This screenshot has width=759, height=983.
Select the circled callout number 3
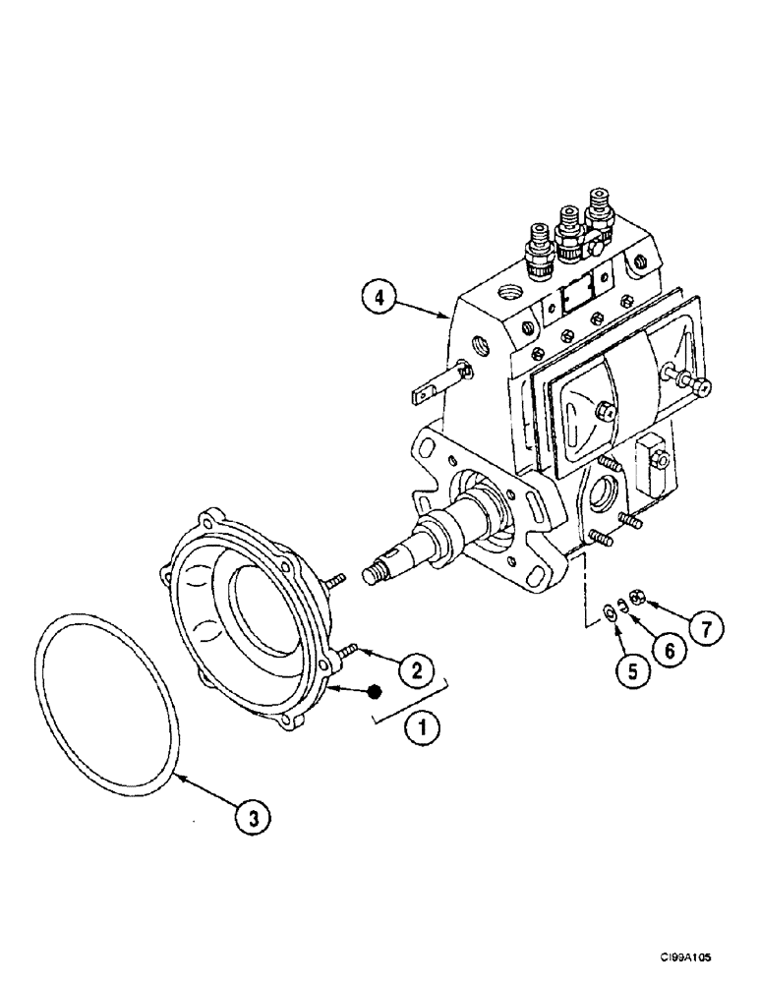pos(254,816)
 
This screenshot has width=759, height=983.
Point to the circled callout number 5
pos(633,671)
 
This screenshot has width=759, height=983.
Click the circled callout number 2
pos(416,671)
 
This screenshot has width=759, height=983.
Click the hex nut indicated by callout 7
pos(638,595)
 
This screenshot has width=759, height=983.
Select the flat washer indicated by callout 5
pos(608,612)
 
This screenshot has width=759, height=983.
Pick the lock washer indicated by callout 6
pos(622,605)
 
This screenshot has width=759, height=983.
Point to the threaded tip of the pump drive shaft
pos(374,572)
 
